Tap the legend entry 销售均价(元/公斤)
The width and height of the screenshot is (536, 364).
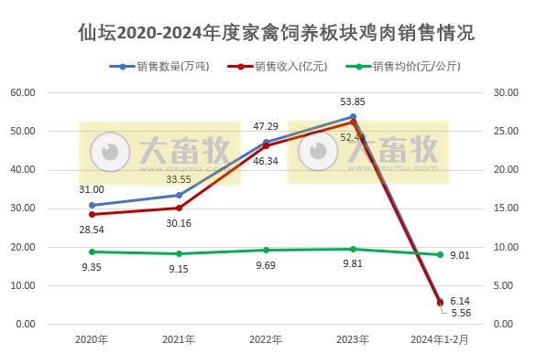pos(408,67)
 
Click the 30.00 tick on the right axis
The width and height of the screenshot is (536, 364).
pos(506,92)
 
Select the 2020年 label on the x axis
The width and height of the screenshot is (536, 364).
pos(92,340)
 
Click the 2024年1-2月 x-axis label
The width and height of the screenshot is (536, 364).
pos(439,340)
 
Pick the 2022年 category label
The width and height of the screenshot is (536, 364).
pos(266,340)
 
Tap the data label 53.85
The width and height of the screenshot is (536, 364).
pos(354,102)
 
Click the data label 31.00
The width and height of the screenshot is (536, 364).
pos(92,189)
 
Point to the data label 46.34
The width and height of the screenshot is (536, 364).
pos(266,161)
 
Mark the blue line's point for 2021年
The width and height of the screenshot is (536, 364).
pos(179,195)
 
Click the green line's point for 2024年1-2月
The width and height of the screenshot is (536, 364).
pos(440,254)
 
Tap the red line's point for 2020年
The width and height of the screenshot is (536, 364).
pos(92,214)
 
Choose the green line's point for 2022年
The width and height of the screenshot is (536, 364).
pos(266,250)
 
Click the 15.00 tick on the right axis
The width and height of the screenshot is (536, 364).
pos(506,209)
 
